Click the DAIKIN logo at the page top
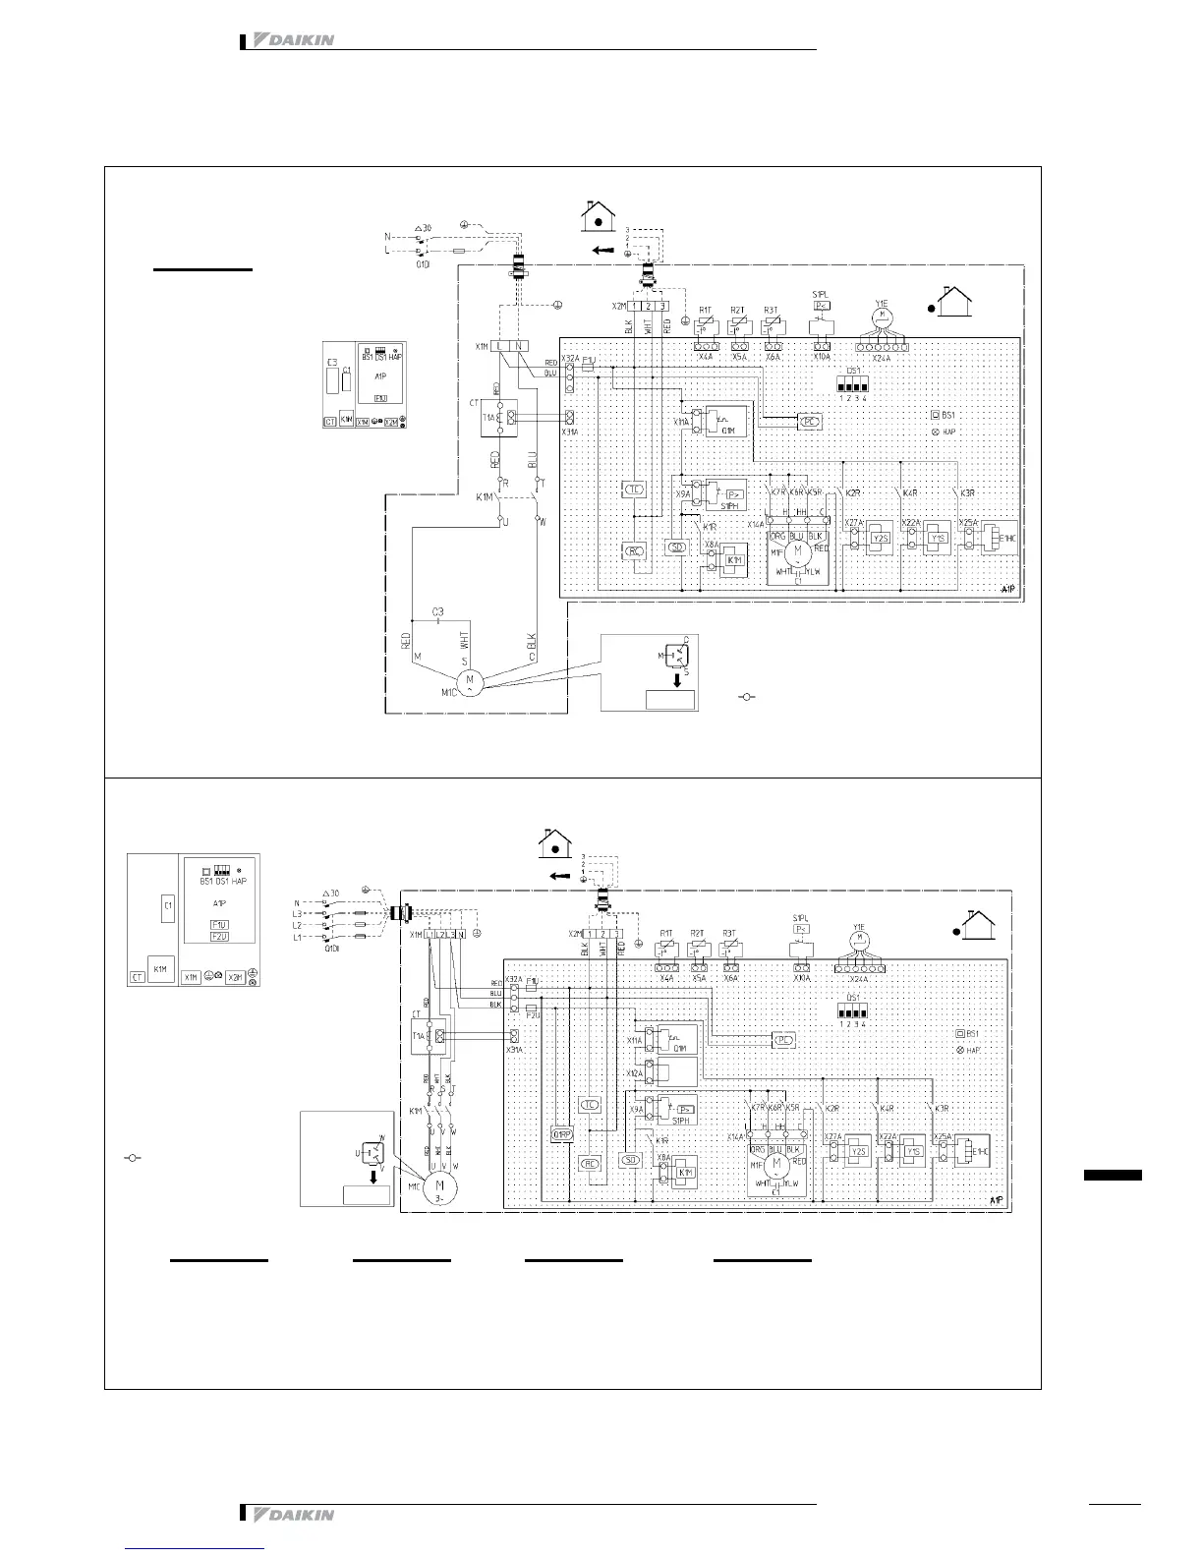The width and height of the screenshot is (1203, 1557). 294,40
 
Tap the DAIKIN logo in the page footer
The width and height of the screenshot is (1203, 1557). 294,1515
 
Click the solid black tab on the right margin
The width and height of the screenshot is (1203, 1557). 1113,1175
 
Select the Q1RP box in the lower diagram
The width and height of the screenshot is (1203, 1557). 562,1134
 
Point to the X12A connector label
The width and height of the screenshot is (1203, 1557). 635,1072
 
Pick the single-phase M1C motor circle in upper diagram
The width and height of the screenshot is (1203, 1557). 469,680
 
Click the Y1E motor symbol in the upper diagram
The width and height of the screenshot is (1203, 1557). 882,316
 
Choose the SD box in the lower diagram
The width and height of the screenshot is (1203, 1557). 631,1161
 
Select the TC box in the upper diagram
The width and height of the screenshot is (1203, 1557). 634,489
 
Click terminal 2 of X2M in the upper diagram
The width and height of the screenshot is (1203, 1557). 649,307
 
